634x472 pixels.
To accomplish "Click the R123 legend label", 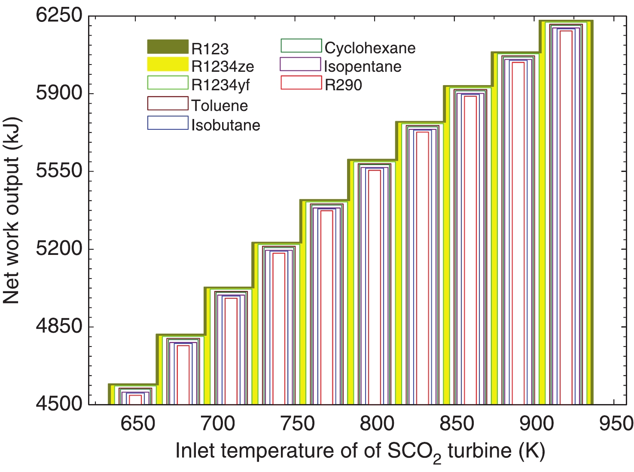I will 210,49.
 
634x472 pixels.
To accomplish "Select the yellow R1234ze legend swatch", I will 168,64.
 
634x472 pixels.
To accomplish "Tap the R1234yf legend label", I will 220,85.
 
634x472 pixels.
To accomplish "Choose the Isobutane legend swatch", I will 168,123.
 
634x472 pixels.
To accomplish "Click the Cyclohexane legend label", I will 370,48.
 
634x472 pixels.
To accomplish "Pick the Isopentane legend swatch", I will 300,64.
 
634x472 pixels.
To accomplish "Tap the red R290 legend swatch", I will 301,83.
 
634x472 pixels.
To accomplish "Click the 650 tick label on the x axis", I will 137,424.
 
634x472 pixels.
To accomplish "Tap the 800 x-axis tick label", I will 377,424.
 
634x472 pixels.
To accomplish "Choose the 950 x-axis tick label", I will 616,424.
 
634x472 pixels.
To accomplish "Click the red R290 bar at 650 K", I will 135,399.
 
